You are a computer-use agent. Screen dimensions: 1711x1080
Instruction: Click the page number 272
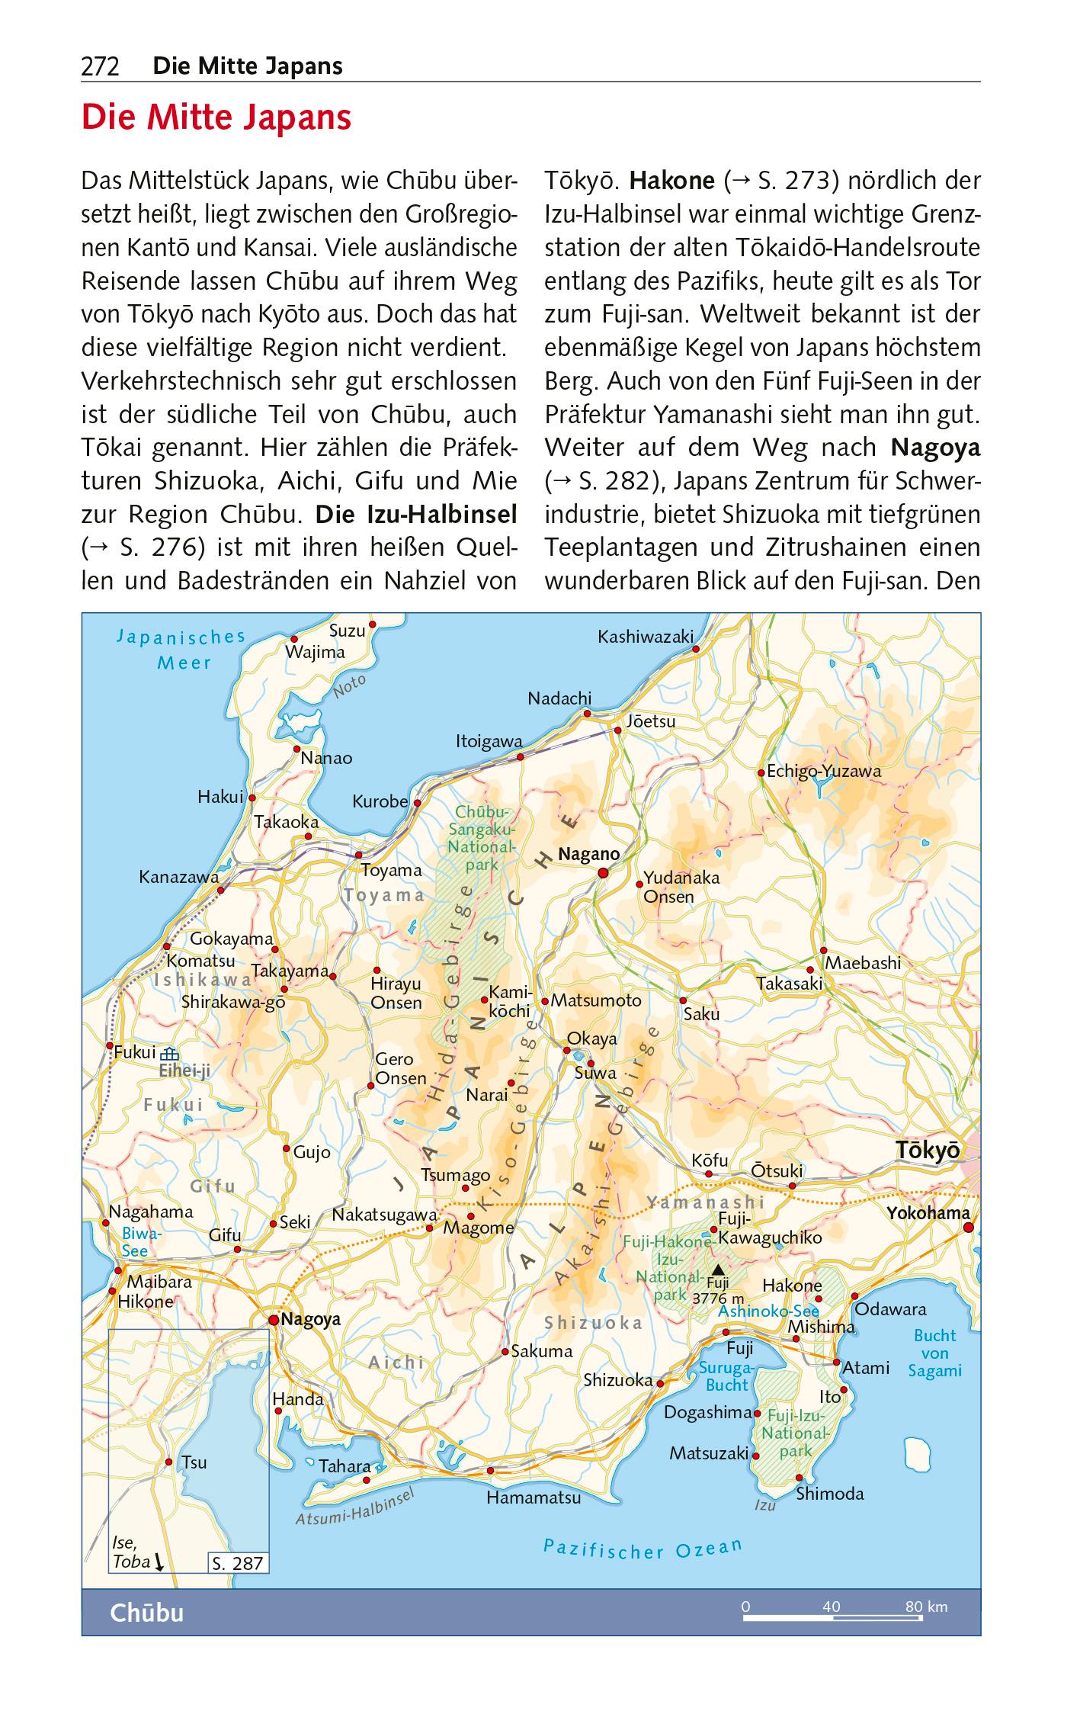click(100, 67)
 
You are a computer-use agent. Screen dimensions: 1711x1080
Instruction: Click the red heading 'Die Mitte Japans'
click(216, 118)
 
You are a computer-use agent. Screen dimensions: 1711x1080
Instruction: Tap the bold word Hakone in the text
click(672, 181)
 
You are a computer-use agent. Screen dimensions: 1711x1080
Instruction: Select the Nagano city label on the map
click(588, 855)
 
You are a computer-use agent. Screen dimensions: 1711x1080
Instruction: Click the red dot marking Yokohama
click(968, 1227)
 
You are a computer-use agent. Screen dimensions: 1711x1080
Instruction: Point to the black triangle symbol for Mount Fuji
click(717, 1270)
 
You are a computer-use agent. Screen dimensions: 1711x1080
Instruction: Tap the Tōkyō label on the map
click(928, 1151)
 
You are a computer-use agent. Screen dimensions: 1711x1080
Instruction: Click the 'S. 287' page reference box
click(237, 1563)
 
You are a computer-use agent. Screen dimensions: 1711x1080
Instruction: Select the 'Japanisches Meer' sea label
click(181, 650)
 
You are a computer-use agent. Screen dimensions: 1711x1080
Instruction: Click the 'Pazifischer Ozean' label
click(642, 1546)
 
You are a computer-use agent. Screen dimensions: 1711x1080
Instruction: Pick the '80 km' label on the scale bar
click(926, 1607)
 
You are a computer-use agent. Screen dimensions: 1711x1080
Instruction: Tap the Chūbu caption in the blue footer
click(147, 1613)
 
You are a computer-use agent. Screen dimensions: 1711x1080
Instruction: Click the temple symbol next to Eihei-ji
click(169, 1055)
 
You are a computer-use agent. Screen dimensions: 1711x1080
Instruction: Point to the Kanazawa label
click(178, 878)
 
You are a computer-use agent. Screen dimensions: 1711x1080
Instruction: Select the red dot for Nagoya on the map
click(274, 1319)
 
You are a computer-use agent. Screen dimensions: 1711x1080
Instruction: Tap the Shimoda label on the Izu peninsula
click(830, 1494)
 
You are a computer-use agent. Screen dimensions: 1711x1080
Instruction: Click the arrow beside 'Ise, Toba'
click(159, 1562)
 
